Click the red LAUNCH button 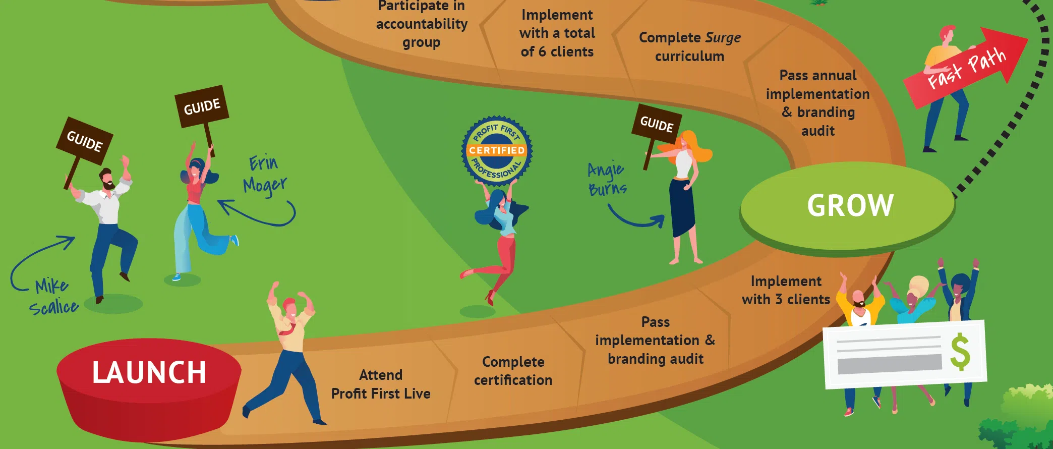[x=149, y=373]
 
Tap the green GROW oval [x=849, y=205]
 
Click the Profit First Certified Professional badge [x=497, y=150]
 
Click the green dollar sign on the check [x=960, y=352]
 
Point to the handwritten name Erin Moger [x=265, y=175]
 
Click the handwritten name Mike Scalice [x=53, y=297]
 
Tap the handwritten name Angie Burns [x=607, y=179]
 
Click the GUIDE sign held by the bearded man [x=85, y=141]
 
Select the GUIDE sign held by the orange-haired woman [x=657, y=124]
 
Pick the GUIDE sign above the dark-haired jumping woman [x=202, y=106]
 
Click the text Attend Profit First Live [x=381, y=384]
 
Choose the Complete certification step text [x=513, y=371]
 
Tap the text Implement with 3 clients [x=786, y=290]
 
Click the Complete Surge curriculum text [x=689, y=46]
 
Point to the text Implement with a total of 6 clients [x=557, y=33]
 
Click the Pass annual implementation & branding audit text [x=817, y=103]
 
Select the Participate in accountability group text [x=422, y=24]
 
